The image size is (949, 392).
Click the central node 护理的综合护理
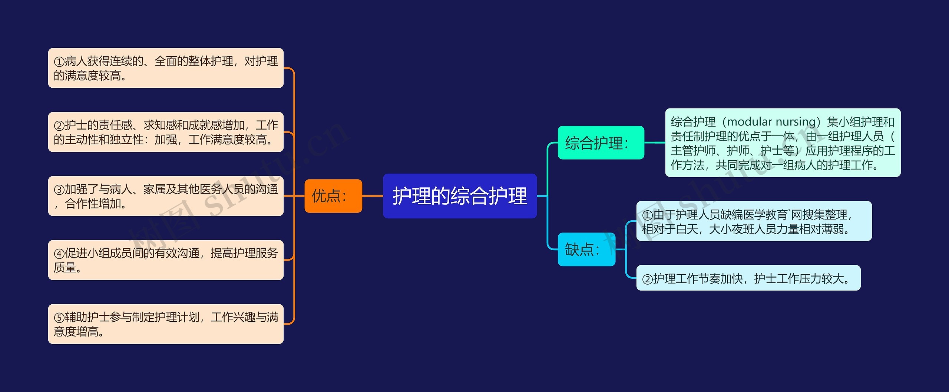point(460,196)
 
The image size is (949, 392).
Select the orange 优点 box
point(333,196)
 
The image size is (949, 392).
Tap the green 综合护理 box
point(601,143)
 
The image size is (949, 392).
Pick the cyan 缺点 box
point(586,249)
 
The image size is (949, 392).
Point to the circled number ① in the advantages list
point(59,61)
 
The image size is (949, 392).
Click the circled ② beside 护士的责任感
point(59,125)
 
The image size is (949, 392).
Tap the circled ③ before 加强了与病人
point(59,190)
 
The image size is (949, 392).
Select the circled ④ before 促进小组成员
point(59,254)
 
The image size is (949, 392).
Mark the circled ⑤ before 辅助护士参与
point(59,318)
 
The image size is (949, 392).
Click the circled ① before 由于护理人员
point(647,215)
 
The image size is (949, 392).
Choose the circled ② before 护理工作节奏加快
point(647,279)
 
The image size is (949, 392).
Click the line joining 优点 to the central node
point(373,196)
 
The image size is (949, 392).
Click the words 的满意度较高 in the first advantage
point(87,76)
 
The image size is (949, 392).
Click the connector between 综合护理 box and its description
point(655,143)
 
